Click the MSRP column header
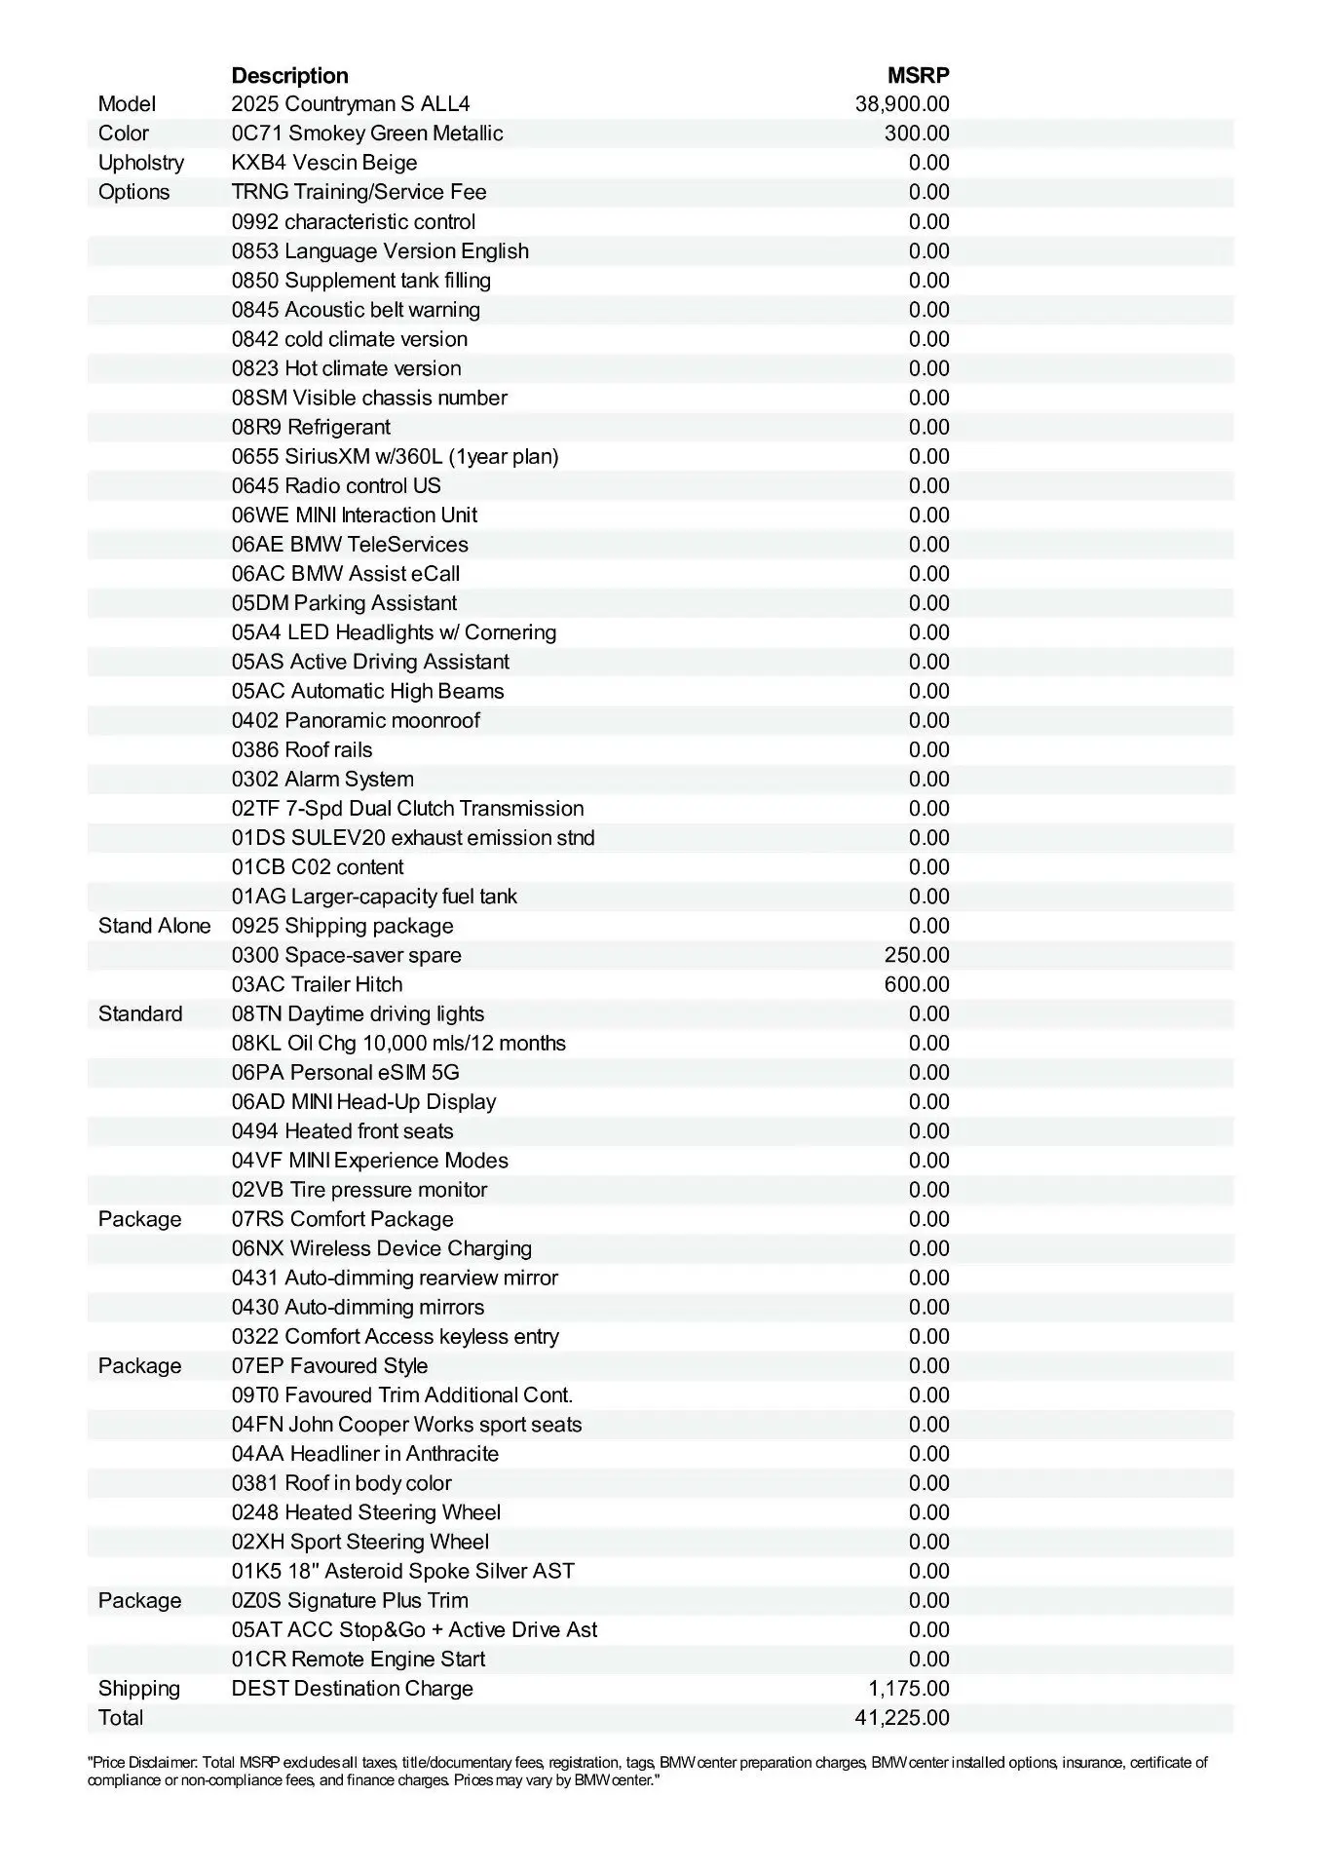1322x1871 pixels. [918, 75]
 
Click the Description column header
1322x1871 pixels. [289, 75]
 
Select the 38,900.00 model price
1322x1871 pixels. [902, 104]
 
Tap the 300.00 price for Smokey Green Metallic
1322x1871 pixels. [917, 134]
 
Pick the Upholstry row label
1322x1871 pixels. [140, 163]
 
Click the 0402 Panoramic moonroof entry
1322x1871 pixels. [356, 720]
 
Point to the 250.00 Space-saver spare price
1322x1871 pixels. [917, 955]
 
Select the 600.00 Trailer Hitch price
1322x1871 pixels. [917, 984]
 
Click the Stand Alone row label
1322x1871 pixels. [154, 926]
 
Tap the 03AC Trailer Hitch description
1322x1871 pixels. [317, 984]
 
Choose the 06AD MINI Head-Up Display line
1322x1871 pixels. [363, 1102]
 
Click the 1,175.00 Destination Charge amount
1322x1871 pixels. [909, 1689]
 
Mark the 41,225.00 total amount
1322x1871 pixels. [902, 1718]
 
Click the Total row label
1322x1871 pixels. [121, 1718]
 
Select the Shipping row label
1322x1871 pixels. [138, 1689]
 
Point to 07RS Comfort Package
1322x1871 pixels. [342, 1219]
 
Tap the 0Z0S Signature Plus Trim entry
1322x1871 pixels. [350, 1600]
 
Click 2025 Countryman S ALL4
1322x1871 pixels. [351, 104]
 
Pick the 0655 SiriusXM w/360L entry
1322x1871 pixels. [395, 456]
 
